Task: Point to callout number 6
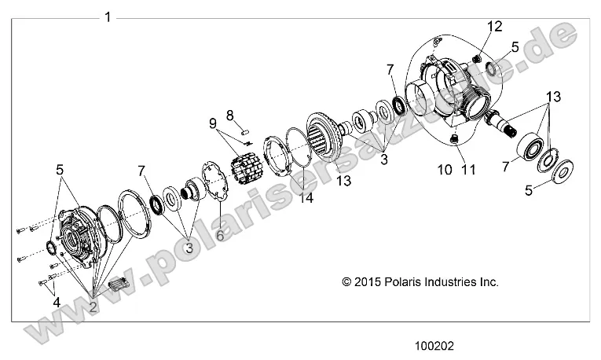219,234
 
